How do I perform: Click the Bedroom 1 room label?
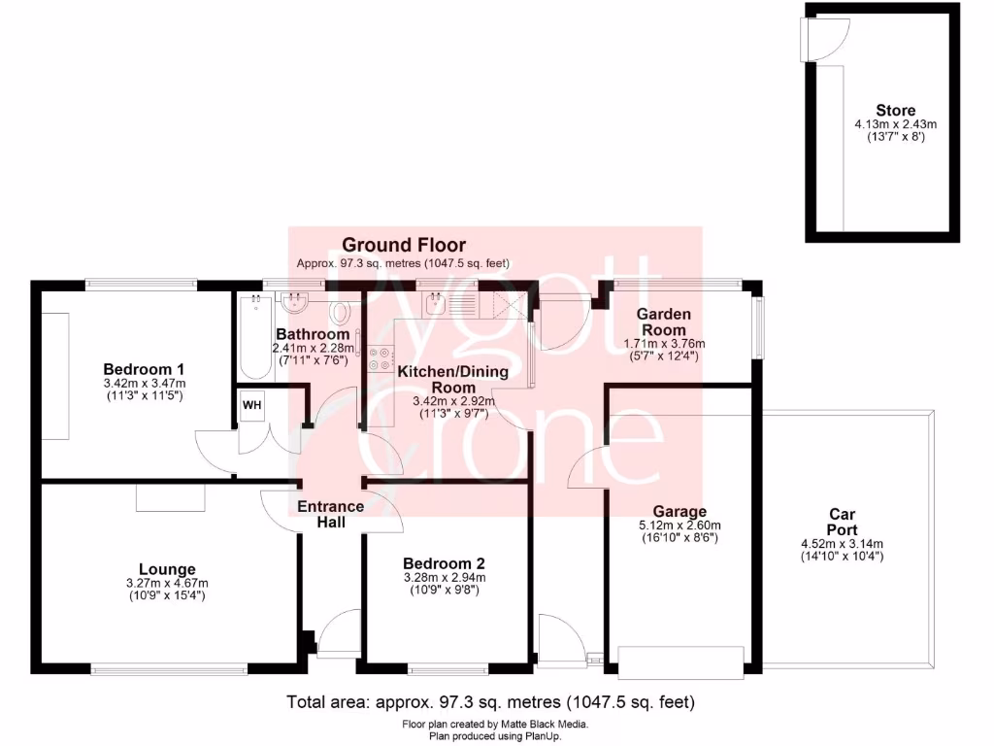point(144,369)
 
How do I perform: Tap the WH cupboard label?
point(252,404)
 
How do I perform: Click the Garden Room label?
point(664,322)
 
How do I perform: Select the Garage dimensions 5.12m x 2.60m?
point(679,526)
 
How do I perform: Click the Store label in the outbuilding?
point(895,110)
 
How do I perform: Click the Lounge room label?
point(167,569)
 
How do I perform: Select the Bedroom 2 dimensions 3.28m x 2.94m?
point(444,578)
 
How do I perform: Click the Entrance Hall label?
point(330,514)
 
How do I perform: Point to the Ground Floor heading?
point(403,246)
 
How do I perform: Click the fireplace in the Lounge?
point(171,497)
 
